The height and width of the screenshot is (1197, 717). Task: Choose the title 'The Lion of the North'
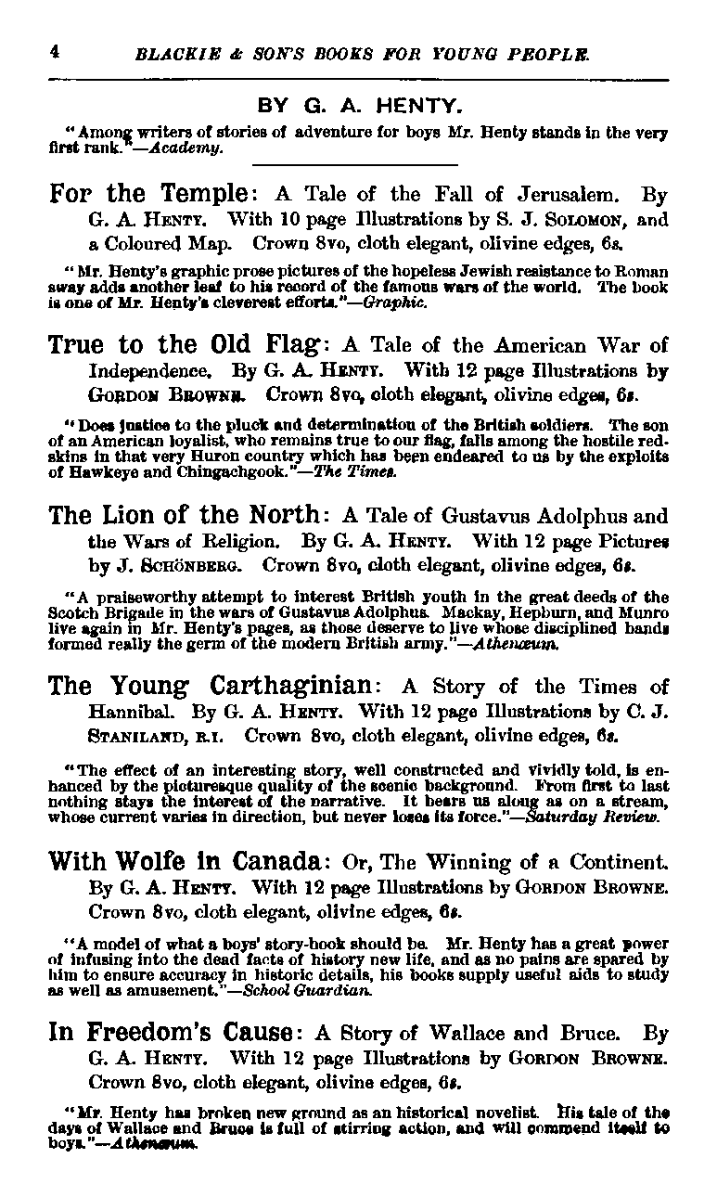[x=186, y=514]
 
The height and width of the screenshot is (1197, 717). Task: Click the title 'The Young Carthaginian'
[x=211, y=687]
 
